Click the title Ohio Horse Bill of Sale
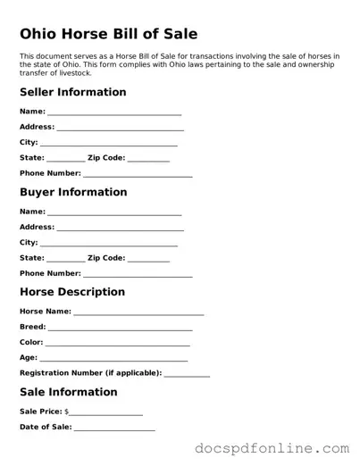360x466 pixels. coord(108,33)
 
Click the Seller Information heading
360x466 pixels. coord(72,92)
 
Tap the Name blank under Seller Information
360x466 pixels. coord(114,112)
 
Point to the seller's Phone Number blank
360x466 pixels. coord(138,174)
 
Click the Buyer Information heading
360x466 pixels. coord(73,192)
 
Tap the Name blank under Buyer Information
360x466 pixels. coord(114,212)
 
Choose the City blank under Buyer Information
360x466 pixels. coord(109,244)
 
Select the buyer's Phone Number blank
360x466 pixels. coord(138,274)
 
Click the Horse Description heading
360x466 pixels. coord(71,292)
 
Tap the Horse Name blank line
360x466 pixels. coord(138,312)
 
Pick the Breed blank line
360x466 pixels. coord(120,328)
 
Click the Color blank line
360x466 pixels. coord(117,343)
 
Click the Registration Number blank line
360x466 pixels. coord(187,374)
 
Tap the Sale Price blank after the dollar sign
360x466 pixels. coord(106,412)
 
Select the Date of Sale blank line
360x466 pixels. coord(114,428)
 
